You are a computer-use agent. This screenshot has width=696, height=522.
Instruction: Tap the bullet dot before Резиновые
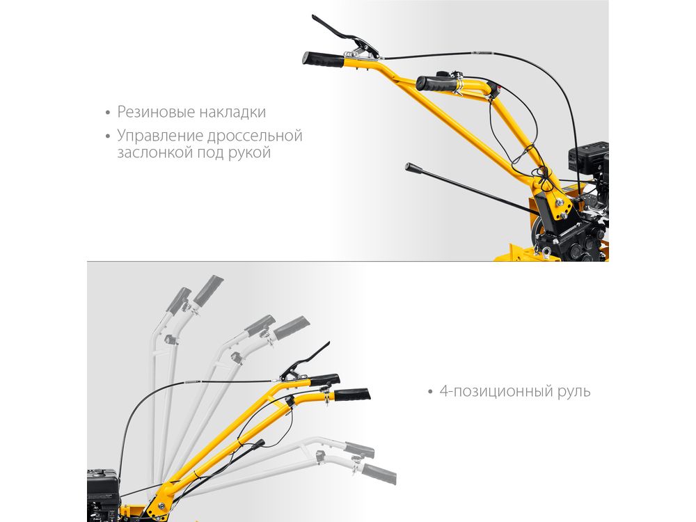[x=108, y=113]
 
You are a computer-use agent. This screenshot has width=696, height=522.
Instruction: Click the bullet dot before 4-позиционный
[x=429, y=392]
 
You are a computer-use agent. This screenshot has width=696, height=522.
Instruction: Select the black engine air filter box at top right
[x=588, y=157]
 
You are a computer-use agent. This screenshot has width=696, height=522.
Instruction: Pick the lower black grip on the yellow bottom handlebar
[x=351, y=394]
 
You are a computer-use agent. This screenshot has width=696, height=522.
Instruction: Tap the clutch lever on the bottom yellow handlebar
[x=306, y=363]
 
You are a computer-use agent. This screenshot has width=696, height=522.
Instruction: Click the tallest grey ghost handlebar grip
[x=208, y=291]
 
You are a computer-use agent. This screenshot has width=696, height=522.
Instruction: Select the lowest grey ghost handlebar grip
[x=379, y=474]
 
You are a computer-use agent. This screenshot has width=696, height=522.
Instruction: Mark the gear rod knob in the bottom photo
[x=259, y=443]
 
